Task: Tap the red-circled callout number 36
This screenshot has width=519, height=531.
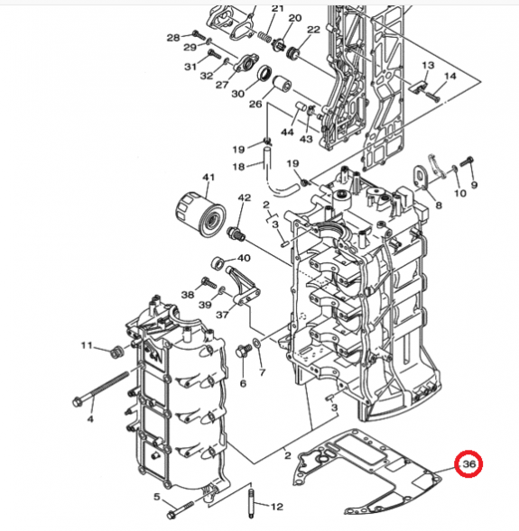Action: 468,464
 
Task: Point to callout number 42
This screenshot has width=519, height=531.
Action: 244,197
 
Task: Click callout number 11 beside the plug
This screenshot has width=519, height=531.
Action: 88,345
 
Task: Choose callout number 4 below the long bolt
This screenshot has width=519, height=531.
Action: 89,419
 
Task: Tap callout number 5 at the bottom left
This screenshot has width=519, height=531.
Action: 157,497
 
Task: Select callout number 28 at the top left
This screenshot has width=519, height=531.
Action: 173,37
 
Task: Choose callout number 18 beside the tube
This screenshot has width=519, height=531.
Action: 238,167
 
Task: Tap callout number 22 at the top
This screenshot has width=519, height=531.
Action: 312,30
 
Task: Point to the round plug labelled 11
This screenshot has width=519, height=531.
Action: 114,352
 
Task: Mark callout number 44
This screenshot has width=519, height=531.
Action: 287,133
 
